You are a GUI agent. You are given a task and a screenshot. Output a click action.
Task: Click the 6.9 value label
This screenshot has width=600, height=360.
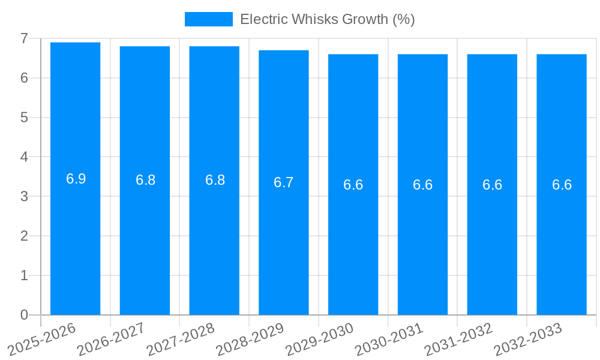pos(76,179)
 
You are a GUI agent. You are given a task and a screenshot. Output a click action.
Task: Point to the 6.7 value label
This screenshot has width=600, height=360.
pos(284,182)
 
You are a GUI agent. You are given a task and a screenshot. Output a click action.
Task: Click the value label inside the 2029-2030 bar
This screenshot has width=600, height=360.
pos(353,185)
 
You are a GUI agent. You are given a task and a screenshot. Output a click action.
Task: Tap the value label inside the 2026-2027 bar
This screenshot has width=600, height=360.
pos(145,180)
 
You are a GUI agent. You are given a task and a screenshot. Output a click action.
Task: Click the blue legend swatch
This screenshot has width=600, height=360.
pos(208,19)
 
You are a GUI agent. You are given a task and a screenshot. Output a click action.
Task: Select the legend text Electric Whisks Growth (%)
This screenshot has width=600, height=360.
pos(327,19)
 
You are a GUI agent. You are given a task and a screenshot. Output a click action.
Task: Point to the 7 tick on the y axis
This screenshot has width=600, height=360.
pos(24,38)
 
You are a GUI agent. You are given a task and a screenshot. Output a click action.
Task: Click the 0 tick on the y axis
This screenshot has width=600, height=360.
pos(24,315)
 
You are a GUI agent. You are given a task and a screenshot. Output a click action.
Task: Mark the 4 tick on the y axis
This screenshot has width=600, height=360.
pos(24,157)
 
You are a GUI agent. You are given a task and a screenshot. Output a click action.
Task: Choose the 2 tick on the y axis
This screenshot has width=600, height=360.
pos(24,236)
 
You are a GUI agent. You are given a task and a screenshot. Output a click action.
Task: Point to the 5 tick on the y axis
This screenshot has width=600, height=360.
pos(24,118)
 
